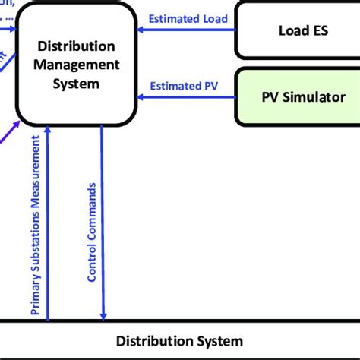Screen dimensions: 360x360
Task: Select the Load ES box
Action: pos(297,30)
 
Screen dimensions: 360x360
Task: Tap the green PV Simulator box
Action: pos(297,96)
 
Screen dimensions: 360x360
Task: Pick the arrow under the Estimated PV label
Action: pos(186,97)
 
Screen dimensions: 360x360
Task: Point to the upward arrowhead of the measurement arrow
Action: pos(48,131)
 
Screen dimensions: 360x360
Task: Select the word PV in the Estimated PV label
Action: pos(208,85)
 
